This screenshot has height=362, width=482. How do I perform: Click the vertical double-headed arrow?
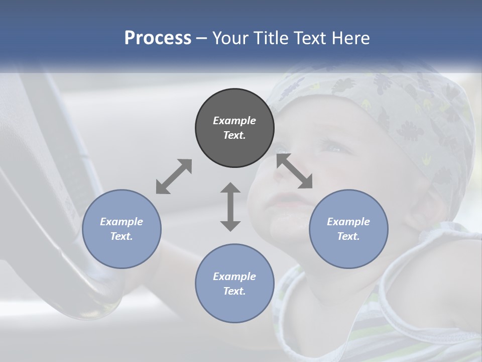(230, 207)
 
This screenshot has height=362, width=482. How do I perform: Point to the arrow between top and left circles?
(174, 176)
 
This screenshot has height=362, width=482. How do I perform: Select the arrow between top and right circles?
(295, 171)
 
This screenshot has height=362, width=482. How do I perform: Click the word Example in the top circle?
(234, 121)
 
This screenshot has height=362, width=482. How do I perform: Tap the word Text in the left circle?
(122, 236)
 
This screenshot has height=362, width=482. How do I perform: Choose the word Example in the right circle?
(348, 222)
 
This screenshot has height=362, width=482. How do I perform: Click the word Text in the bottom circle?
(234, 291)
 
